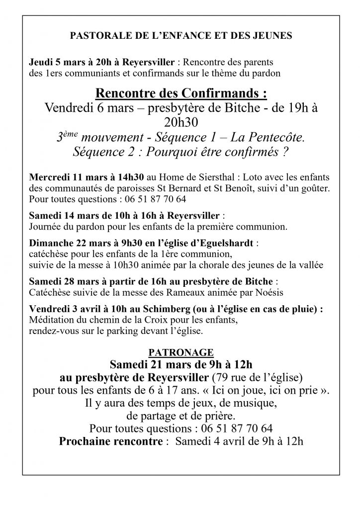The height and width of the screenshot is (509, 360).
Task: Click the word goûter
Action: coord(317,188)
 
